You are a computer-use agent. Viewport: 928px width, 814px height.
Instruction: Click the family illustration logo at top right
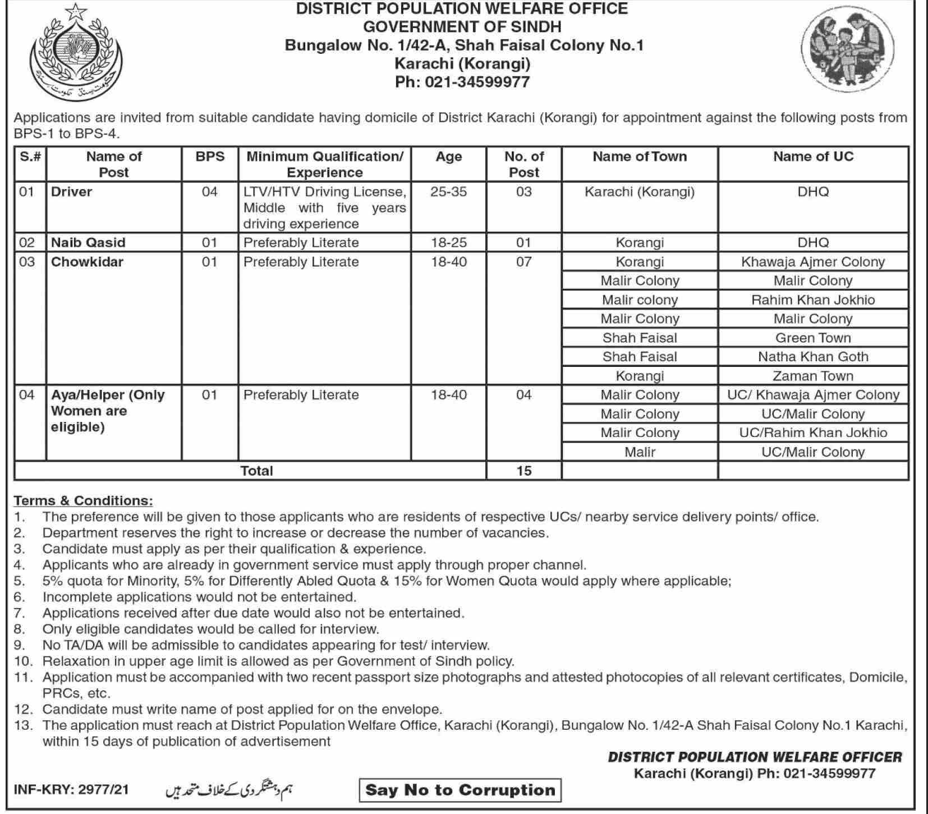(x=847, y=55)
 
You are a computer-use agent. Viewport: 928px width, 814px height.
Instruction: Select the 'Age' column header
(x=448, y=157)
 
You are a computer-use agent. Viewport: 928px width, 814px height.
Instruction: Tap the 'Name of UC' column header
(x=813, y=157)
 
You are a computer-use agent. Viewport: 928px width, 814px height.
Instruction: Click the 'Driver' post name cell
(x=72, y=192)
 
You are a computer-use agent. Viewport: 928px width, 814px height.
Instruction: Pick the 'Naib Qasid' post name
(x=88, y=242)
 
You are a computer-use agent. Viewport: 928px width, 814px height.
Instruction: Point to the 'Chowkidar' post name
(x=87, y=261)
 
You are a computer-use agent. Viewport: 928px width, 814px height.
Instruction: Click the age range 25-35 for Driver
(x=448, y=192)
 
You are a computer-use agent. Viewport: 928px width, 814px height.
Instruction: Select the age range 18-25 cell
(x=448, y=242)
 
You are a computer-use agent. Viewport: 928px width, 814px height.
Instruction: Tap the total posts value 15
(x=523, y=471)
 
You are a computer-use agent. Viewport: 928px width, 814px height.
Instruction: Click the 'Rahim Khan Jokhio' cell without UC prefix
(x=813, y=300)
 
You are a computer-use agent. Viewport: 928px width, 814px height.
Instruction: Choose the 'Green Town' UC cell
(x=813, y=338)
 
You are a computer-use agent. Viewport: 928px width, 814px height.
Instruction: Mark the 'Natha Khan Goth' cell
(x=813, y=357)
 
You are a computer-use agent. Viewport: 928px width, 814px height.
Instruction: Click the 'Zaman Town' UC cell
(x=813, y=376)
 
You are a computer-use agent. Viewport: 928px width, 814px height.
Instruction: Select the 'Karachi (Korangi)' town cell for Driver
(x=640, y=192)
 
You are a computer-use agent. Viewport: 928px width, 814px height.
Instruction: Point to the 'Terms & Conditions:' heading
(x=83, y=500)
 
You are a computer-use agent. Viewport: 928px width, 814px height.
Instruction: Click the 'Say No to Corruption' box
(x=460, y=790)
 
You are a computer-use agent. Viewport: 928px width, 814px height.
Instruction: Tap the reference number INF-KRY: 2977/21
(x=71, y=789)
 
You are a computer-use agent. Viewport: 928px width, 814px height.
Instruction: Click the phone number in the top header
(x=462, y=82)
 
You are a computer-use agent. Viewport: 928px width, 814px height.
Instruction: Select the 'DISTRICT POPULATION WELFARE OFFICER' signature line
(x=755, y=757)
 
